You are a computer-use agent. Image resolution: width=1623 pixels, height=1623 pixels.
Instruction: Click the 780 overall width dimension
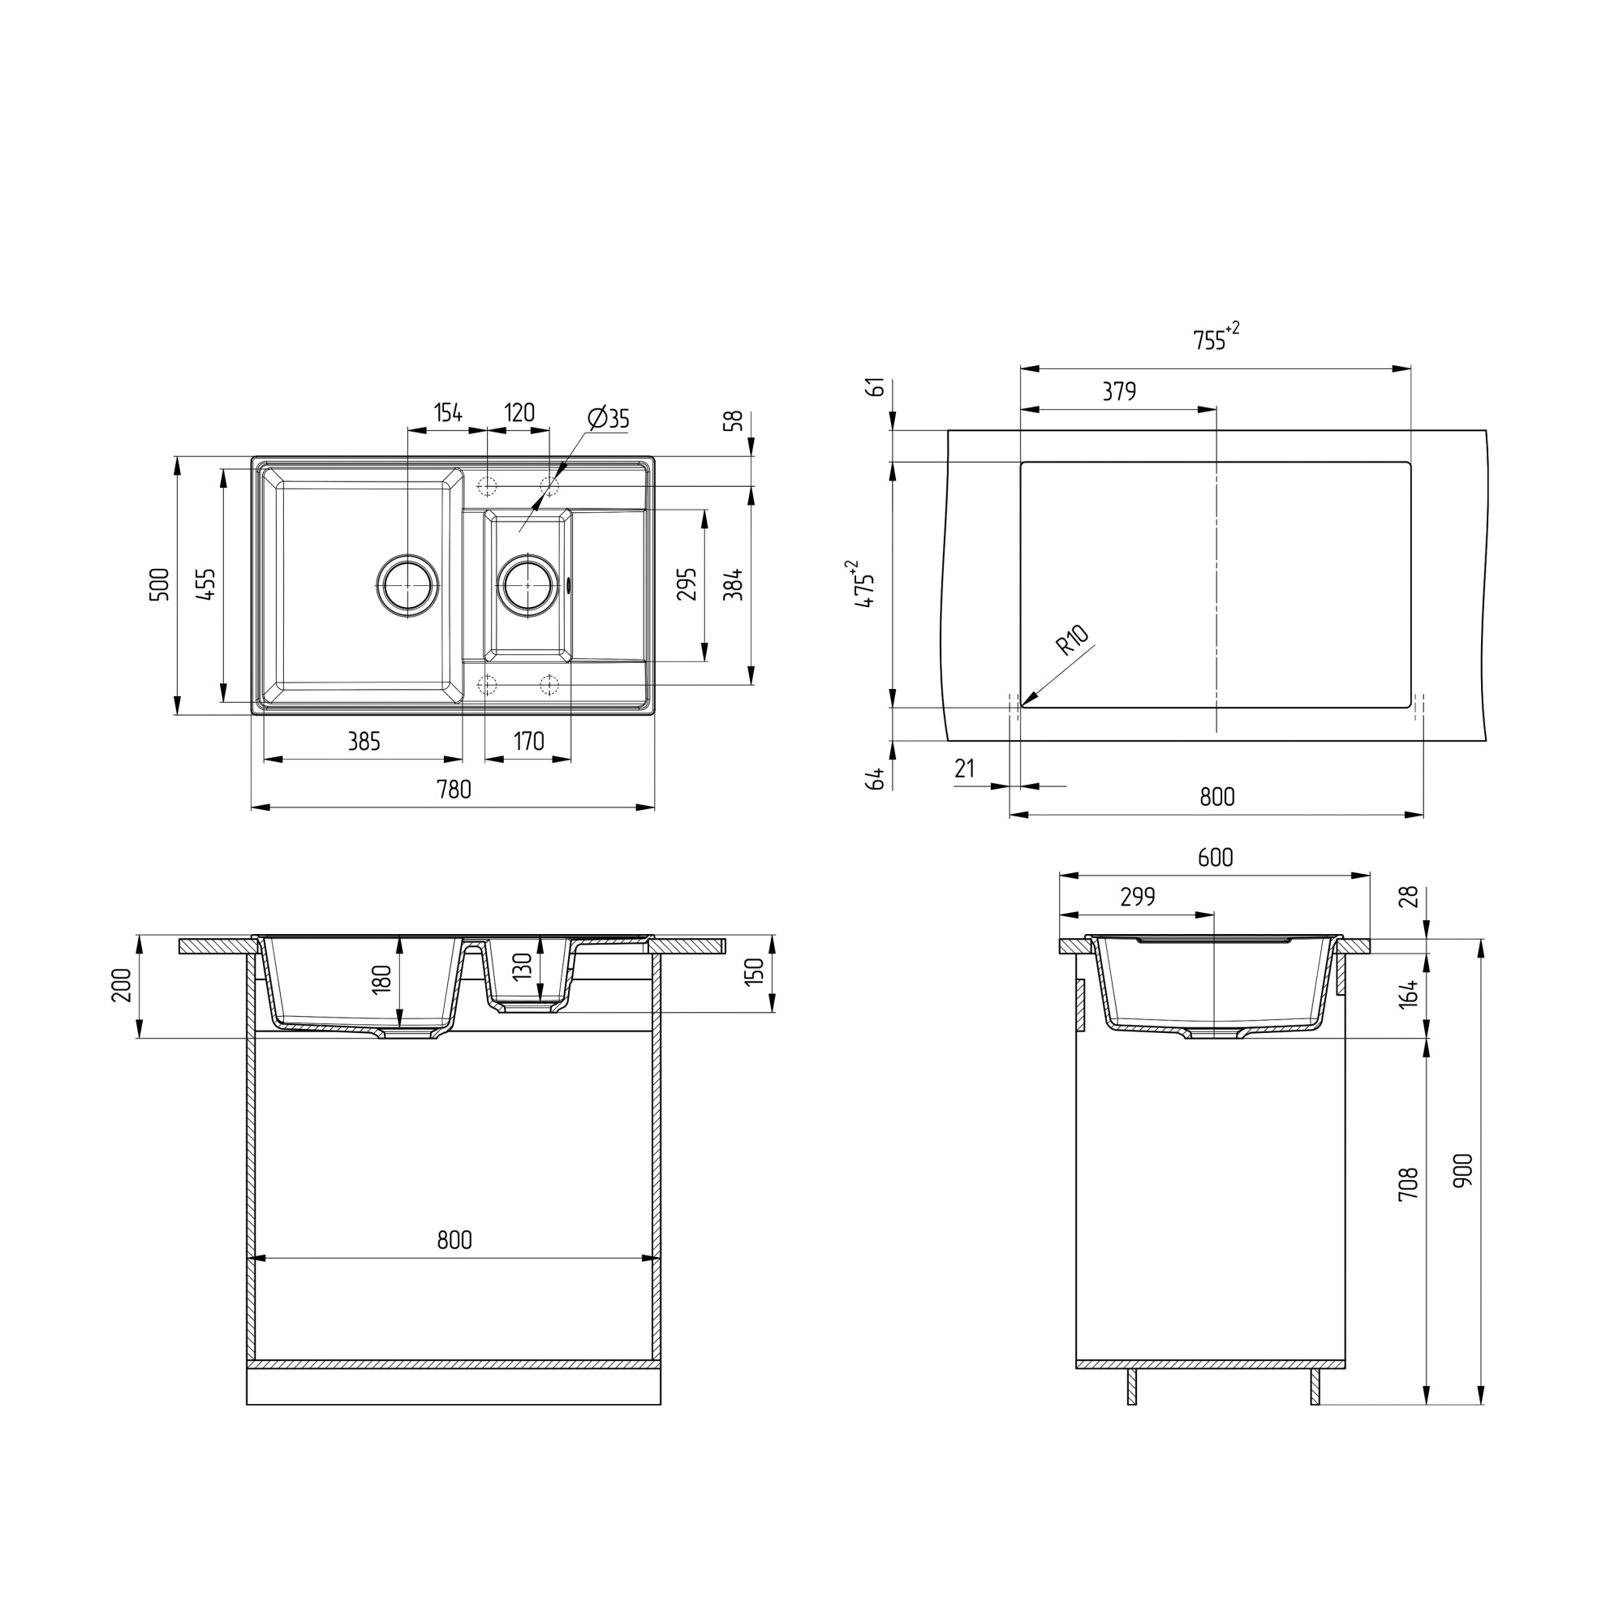point(454,790)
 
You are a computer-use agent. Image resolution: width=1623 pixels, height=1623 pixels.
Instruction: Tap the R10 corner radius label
point(1073,640)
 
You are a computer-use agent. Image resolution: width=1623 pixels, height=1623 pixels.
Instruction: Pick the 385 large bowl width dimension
point(364,742)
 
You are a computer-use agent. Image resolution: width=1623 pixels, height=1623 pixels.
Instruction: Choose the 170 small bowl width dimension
point(528,742)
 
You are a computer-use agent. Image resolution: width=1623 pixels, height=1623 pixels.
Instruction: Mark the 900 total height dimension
point(1462,1169)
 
